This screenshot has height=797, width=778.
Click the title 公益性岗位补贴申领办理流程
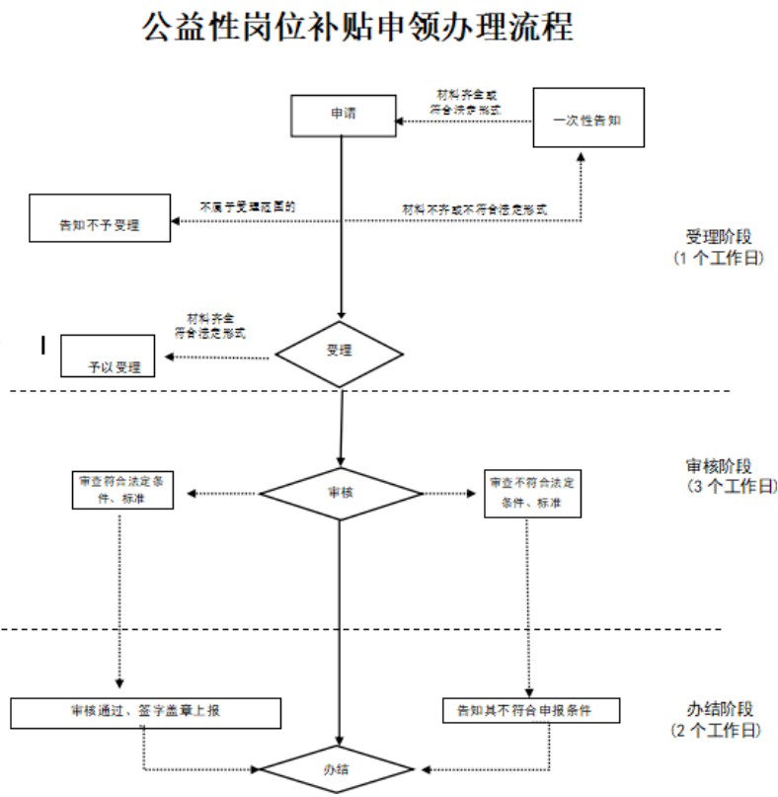357,28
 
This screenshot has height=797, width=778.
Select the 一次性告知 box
588,118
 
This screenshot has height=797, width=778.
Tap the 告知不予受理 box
99,218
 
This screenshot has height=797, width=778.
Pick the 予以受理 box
108,357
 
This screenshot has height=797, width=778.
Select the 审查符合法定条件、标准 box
123,491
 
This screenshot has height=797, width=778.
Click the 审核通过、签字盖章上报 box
146,711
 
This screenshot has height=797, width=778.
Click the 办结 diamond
339,768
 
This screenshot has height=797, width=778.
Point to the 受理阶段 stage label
719,237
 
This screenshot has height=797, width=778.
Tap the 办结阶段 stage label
719,709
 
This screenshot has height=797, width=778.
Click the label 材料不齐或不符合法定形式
474,209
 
